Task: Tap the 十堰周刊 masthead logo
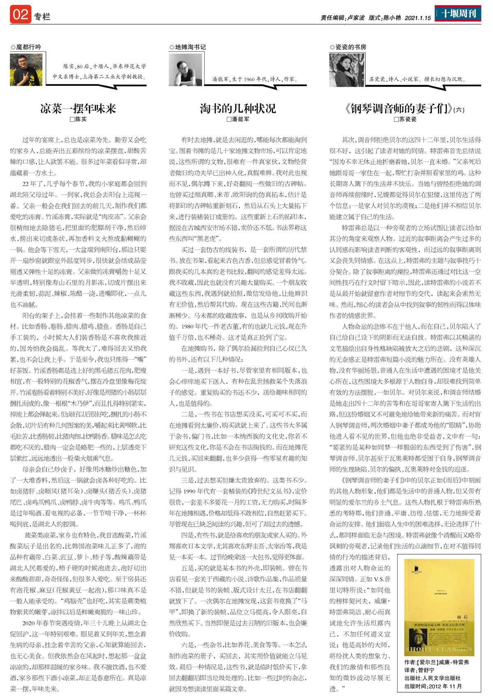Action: pyautogui.click(x=458, y=14)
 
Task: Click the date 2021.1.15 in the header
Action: pyautogui.click(x=417, y=18)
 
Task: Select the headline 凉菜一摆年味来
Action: pyautogui.click(x=78, y=108)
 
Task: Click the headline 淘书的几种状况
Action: pyautogui.click(x=238, y=108)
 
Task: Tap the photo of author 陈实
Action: pyautogui.click(x=26, y=69)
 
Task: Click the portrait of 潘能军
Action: pyautogui.click(x=185, y=70)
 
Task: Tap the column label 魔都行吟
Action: pyautogui.click(x=26, y=47)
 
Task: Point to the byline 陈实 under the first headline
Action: pyautogui.click(x=78, y=119)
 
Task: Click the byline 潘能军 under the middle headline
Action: pyautogui.click(x=238, y=119)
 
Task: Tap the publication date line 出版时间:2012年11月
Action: pyautogui.click(x=433, y=686)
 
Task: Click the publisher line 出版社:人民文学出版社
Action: pyautogui.click(x=432, y=678)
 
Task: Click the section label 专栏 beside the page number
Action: pyautogui.click(x=42, y=16)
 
